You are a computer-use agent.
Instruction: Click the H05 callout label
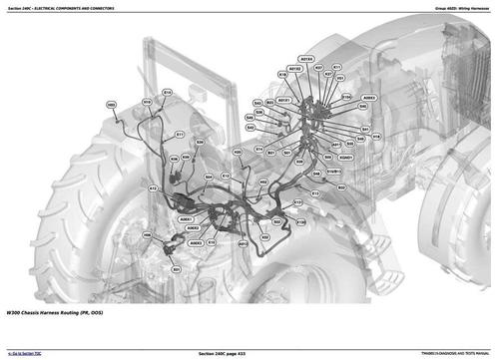tap(111, 104)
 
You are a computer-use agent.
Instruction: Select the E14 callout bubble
tap(167, 92)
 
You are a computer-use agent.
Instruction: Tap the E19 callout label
tap(147, 102)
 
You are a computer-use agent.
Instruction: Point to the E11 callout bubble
tap(180, 135)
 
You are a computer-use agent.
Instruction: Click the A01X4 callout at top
tap(306, 59)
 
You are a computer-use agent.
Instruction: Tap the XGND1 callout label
tap(346, 157)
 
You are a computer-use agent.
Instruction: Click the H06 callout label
tap(147, 235)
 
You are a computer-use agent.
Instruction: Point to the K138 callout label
tap(300, 222)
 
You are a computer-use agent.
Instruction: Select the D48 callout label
tap(316, 174)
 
